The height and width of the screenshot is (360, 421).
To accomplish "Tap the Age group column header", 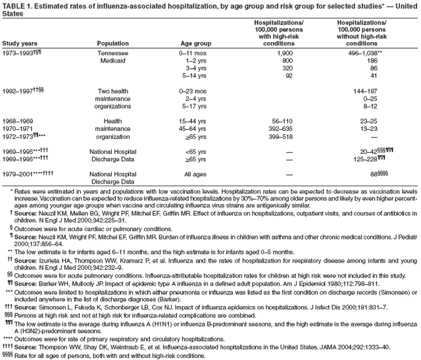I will pyautogui.click(x=195, y=44).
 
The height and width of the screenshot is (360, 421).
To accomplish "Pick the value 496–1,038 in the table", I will pyautogui.click(x=361, y=53).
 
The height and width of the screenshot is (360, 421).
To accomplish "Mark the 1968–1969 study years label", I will pyautogui.click(x=19, y=121).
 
